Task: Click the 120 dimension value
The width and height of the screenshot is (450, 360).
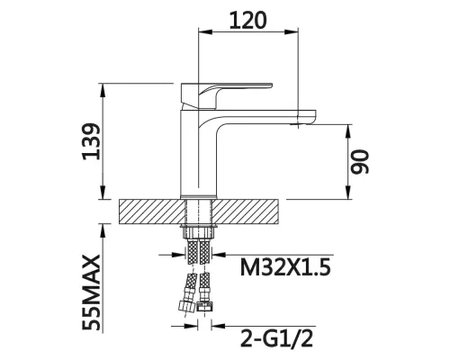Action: (x=247, y=21)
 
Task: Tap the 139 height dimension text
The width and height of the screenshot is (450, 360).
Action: (x=91, y=141)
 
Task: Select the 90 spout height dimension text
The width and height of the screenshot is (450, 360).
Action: (x=359, y=162)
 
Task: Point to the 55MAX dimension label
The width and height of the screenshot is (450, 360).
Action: (x=91, y=292)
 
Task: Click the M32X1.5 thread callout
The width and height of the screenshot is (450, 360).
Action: (x=285, y=267)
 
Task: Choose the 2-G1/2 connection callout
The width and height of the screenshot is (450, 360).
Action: (x=276, y=338)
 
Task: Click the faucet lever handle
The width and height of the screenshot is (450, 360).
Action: (x=227, y=95)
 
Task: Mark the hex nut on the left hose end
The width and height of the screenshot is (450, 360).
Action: (x=185, y=306)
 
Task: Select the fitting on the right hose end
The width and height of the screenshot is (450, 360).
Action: (x=205, y=306)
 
